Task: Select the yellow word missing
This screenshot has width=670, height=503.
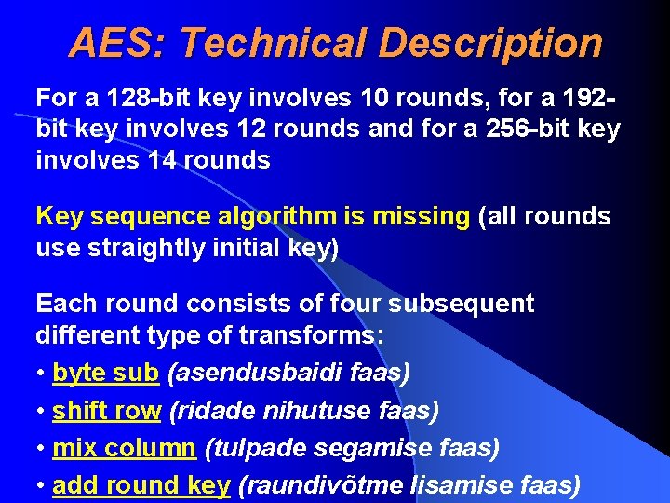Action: [x=421, y=217]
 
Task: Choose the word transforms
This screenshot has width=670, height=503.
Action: [x=299, y=334]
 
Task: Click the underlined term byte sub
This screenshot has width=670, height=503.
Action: [x=105, y=373]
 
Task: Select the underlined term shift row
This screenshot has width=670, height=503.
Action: [x=106, y=410]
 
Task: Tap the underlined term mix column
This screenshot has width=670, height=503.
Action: [x=124, y=448]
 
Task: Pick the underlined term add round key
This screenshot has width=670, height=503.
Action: [x=141, y=484]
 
